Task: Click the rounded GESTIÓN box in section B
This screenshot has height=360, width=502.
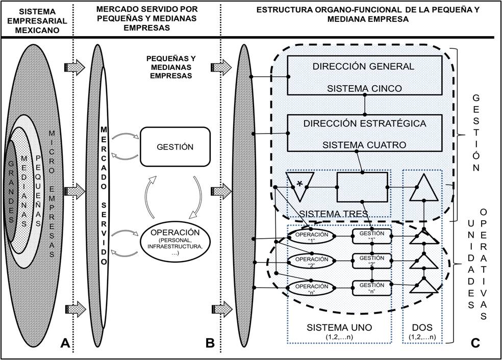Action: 175,146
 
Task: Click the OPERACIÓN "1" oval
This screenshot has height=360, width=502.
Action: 311,235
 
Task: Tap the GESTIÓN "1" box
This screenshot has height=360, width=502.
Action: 372,235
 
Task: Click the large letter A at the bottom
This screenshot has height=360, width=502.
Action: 64,344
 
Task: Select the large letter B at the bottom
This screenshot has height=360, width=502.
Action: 209,344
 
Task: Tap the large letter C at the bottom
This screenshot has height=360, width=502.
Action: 475,344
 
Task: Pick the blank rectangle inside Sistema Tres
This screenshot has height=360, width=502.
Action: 362,187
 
